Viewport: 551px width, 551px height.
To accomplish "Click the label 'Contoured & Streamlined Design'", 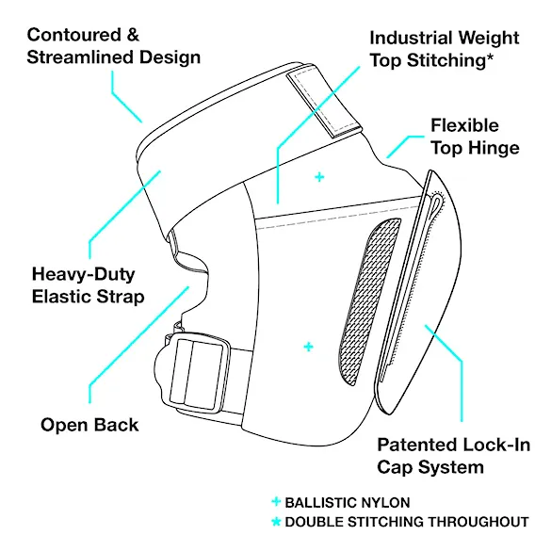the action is pos(114,46).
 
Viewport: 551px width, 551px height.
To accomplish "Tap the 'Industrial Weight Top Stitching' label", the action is pos(445,49).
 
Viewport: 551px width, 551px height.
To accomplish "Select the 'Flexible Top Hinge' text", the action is pos(475,137).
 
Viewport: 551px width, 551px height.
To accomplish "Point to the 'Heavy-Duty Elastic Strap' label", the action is pos(88,285).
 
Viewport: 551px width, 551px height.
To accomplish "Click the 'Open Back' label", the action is pos(89,425).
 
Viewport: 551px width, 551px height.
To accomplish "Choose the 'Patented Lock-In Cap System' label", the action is pos(453,456).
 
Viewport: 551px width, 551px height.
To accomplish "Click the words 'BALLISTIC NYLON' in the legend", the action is pos(348,503).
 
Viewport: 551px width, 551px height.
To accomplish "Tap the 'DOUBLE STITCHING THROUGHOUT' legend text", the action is pos(407,522).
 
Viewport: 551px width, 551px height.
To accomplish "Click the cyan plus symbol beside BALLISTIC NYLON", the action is pos(276,501).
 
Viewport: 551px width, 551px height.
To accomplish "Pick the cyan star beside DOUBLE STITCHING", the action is pos(276,522).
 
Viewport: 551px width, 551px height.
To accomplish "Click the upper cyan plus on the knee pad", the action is pos(319,177).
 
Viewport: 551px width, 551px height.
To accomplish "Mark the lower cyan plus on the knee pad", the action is pos(308,347).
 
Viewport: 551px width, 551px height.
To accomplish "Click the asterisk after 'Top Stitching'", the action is pos(490,57).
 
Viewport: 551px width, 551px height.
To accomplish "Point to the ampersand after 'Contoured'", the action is pos(133,35).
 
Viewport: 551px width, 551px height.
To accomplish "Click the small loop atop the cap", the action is pos(437,204).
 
